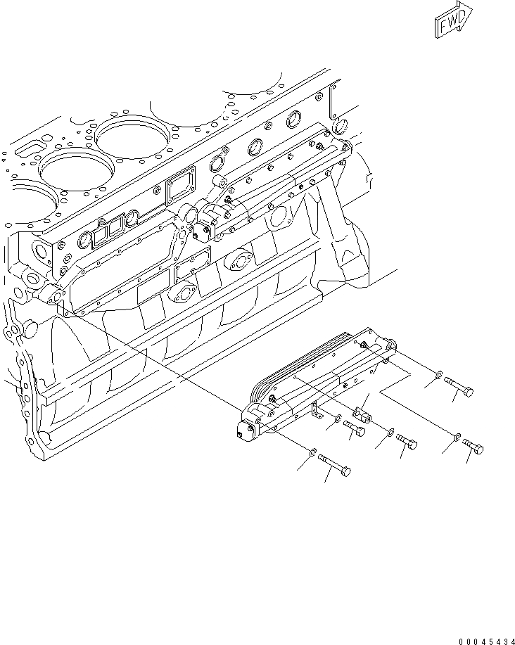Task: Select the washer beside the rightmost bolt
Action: tap(457, 437)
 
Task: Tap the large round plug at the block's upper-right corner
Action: tap(340, 126)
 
